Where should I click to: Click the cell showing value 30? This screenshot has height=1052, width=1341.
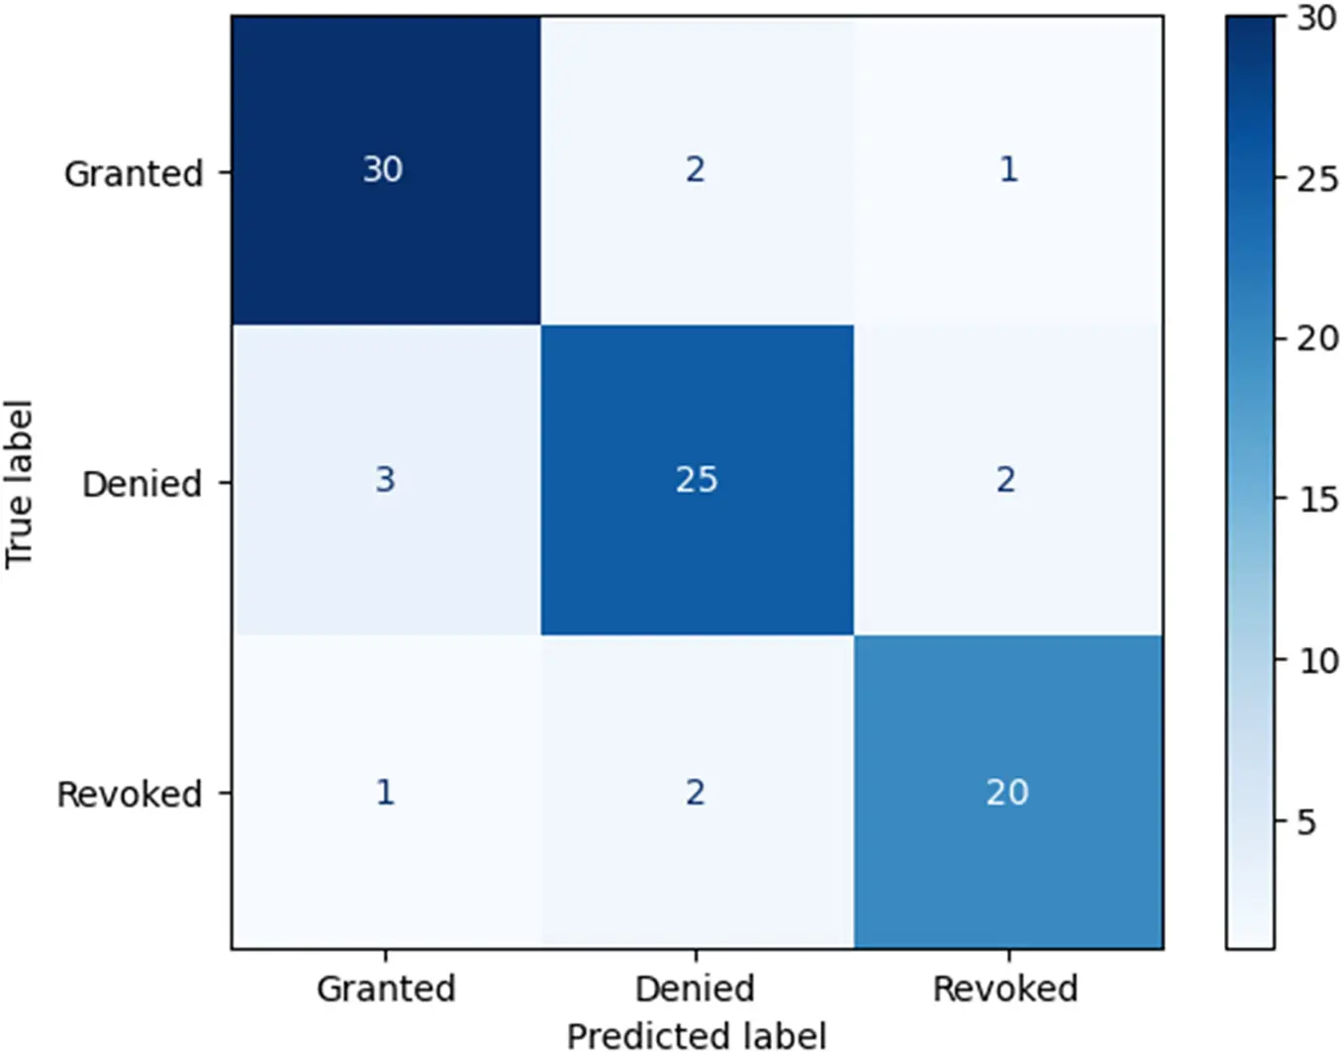click(383, 169)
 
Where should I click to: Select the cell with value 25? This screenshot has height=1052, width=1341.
click(696, 480)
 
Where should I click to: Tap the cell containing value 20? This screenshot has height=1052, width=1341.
click(1007, 792)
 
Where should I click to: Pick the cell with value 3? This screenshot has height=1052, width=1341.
click(384, 480)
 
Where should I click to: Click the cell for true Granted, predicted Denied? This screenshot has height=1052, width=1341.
click(696, 169)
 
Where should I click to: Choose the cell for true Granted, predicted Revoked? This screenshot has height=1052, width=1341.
click(1007, 169)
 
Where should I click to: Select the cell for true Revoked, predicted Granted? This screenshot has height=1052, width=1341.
click(384, 792)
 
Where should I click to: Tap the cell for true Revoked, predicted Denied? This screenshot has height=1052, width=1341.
click(696, 792)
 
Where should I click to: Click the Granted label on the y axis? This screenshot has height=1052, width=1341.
click(134, 173)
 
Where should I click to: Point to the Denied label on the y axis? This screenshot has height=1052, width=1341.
click(142, 484)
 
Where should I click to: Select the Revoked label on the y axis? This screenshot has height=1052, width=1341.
click(130, 794)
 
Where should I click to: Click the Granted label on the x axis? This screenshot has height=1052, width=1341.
click(386, 988)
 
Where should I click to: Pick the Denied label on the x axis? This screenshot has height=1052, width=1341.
click(695, 988)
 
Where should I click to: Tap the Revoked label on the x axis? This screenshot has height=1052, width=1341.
click(1006, 988)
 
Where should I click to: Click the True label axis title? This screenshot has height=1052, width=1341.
click(20, 484)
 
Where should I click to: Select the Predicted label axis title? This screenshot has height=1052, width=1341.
click(696, 1034)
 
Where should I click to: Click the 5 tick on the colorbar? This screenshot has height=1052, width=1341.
click(1307, 821)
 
